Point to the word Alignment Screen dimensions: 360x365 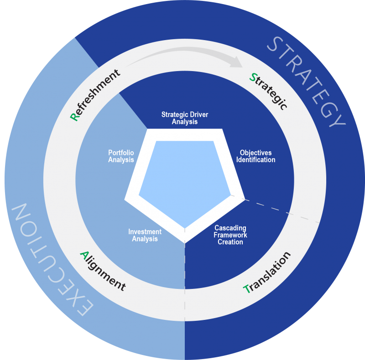pos(102,271)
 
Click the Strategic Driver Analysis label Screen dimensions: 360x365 pos(185,118)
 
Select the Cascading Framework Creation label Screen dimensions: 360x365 pos(230,235)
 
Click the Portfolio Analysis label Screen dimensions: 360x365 pos(121,156)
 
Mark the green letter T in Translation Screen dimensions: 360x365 pos(247,289)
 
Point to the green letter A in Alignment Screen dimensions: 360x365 pos(84,254)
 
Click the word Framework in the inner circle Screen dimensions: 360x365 pos(230,235)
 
